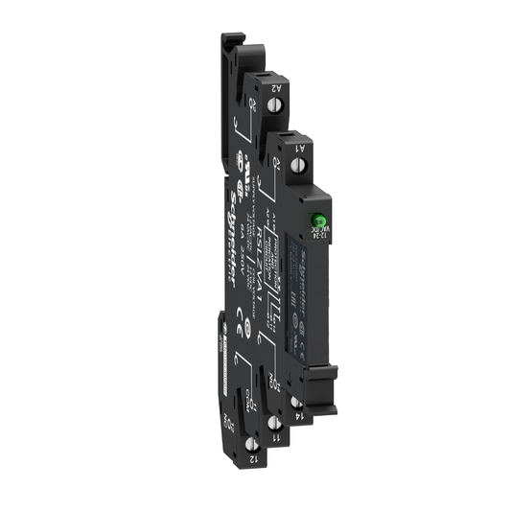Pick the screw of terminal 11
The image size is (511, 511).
[x=274, y=422]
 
